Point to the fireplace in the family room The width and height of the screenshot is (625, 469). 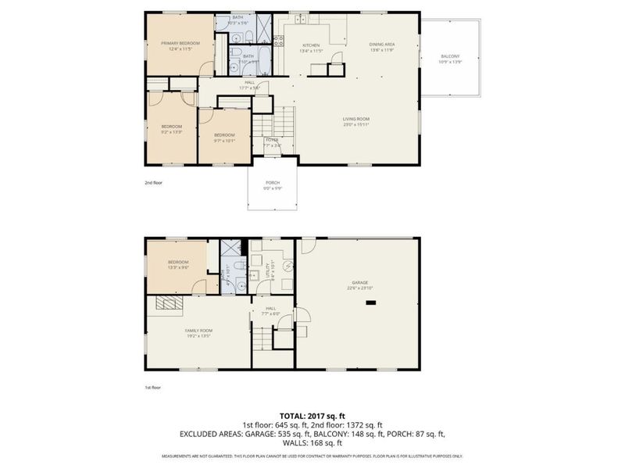[166, 304]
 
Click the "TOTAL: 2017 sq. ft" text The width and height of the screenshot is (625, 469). [312, 415]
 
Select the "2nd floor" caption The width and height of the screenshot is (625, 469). [153, 182]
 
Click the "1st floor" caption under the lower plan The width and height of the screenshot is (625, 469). [153, 386]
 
